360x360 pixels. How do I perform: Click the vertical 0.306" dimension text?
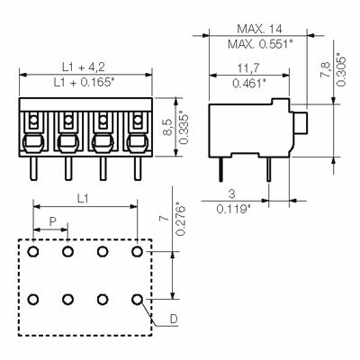[x=339, y=64]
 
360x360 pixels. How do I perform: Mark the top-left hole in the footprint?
[x=33, y=252]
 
